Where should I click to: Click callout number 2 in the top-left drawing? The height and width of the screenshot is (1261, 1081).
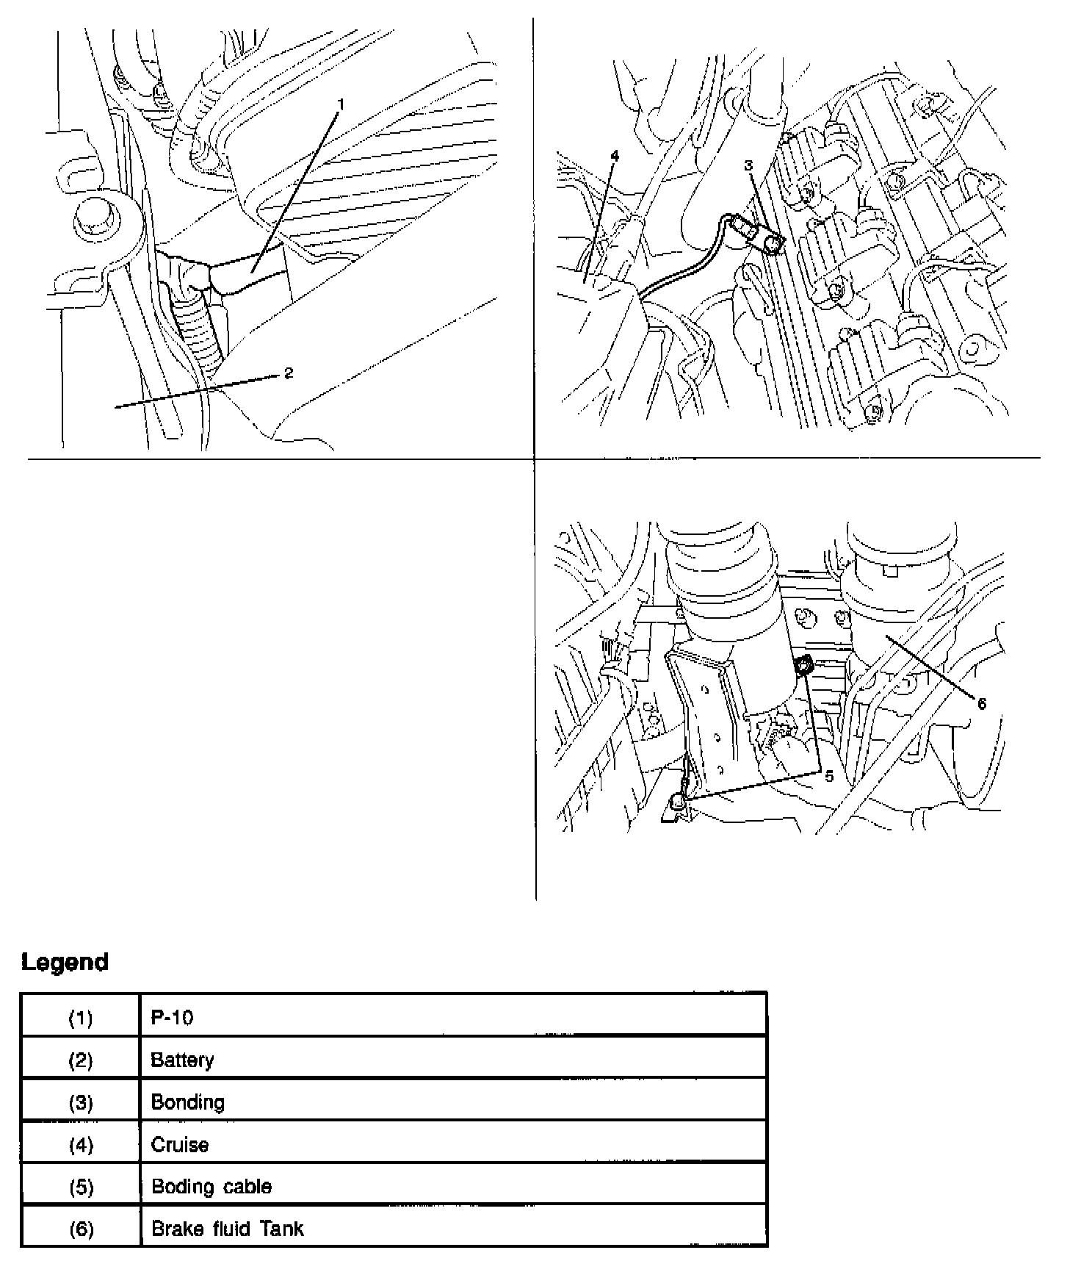pyautogui.click(x=289, y=373)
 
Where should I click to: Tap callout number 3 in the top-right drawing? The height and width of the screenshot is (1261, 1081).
pyautogui.click(x=749, y=166)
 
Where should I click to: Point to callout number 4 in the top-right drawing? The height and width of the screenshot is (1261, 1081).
pyautogui.click(x=615, y=156)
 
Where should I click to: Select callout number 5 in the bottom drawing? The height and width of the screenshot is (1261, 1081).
pyautogui.click(x=829, y=776)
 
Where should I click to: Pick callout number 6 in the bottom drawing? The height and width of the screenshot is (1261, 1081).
pyautogui.click(x=982, y=703)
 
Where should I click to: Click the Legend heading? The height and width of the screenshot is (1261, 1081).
pyautogui.click(x=65, y=962)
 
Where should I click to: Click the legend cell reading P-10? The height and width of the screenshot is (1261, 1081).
pyautogui.click(x=172, y=1018)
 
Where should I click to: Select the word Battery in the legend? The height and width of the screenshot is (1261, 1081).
pyautogui.click(x=182, y=1060)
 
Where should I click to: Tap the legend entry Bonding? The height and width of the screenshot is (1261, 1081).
pyautogui.click(x=187, y=1102)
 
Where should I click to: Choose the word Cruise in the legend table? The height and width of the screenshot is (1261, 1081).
pyautogui.click(x=179, y=1145)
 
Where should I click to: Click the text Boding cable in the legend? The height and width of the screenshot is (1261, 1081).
pyautogui.click(x=211, y=1187)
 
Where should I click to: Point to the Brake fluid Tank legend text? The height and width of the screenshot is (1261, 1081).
pyautogui.click(x=227, y=1229)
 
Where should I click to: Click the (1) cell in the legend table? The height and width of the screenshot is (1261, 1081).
pyautogui.click(x=81, y=1018)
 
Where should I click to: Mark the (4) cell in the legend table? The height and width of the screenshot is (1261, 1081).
pyautogui.click(x=81, y=1145)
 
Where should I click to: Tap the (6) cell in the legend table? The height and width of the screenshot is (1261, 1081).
pyautogui.click(x=81, y=1229)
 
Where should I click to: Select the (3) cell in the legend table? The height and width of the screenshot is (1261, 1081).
pyautogui.click(x=81, y=1102)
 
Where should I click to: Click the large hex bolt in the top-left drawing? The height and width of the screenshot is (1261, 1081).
pyautogui.click(x=96, y=215)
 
